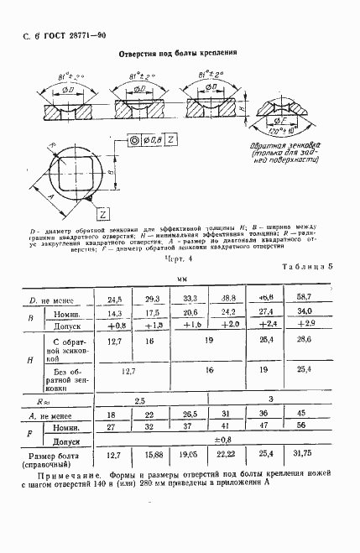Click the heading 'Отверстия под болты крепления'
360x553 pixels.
coord(175,51)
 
